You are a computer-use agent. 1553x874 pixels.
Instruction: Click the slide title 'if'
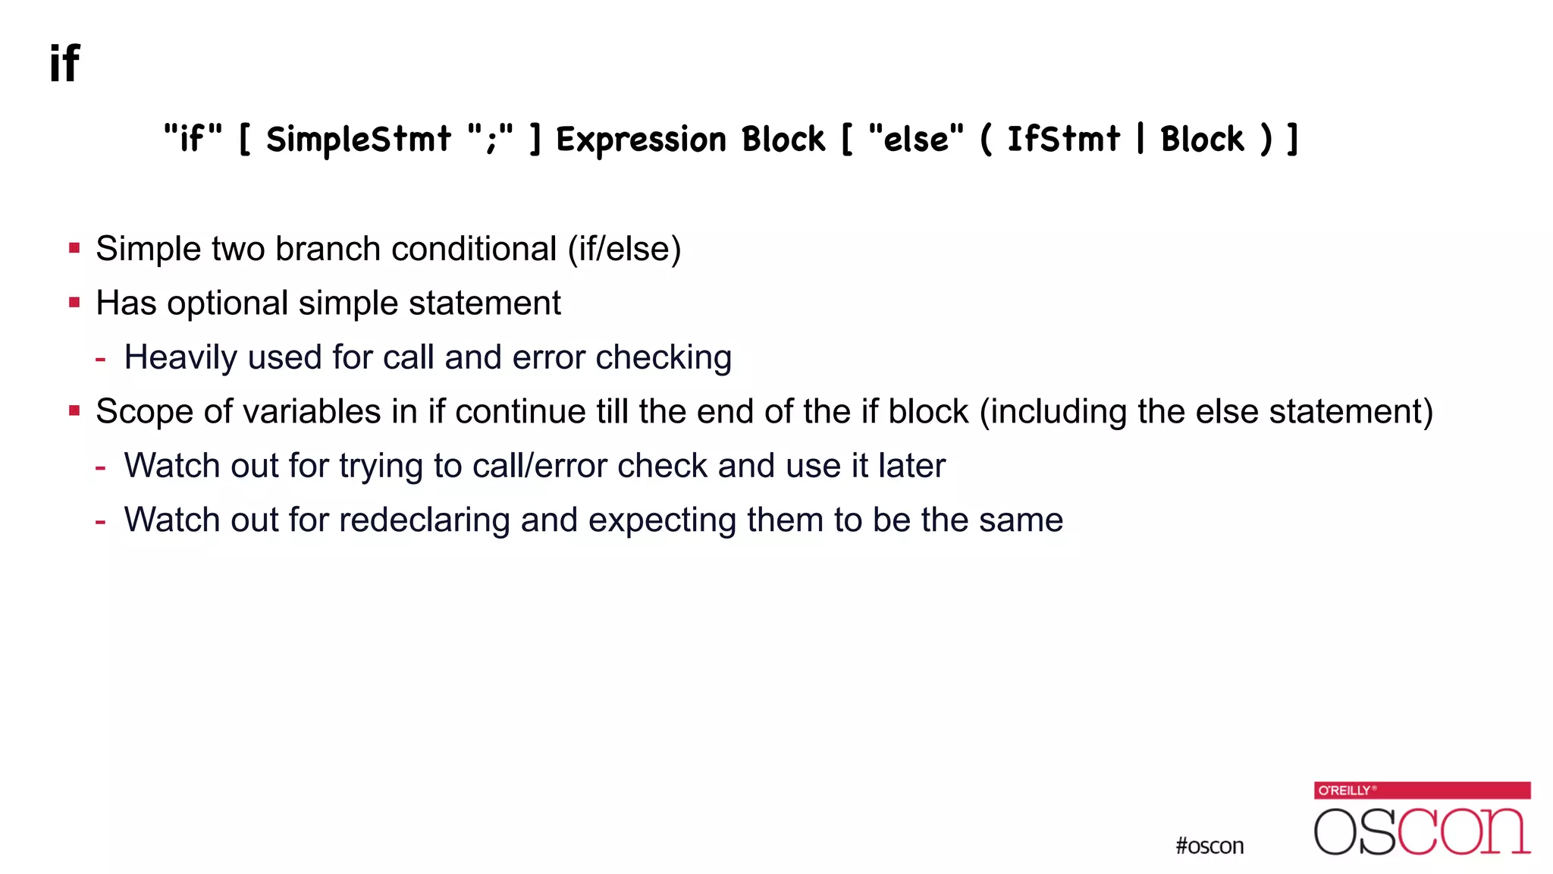(64, 63)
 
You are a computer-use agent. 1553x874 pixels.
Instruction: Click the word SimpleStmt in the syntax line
(358, 140)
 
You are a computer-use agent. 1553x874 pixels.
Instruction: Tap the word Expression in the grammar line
(642, 140)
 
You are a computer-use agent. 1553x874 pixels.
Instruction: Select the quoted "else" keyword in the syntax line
(916, 139)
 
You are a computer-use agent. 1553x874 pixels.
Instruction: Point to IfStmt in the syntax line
(1063, 140)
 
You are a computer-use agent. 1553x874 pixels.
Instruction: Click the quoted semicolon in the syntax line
(490, 139)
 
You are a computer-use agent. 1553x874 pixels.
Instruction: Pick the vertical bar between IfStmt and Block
(1140, 139)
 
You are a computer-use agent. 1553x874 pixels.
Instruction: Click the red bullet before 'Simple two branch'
(74, 248)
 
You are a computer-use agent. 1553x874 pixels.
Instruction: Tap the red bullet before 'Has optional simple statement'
(74, 303)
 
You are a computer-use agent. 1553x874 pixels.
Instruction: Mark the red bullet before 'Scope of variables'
(74, 411)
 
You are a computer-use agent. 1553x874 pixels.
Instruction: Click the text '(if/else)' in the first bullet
(624, 249)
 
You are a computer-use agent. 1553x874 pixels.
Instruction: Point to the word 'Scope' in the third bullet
(144, 412)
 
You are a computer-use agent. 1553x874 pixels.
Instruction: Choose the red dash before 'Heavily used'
(100, 358)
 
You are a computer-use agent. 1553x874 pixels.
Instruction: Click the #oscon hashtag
(1209, 845)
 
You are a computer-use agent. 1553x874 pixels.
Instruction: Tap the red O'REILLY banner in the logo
(1422, 790)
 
